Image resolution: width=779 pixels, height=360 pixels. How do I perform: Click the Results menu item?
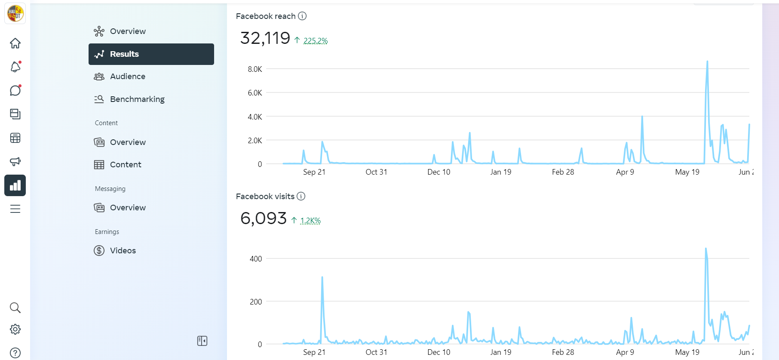click(x=151, y=54)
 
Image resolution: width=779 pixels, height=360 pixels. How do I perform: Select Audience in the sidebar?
click(x=127, y=77)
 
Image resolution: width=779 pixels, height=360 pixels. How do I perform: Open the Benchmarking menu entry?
click(x=137, y=99)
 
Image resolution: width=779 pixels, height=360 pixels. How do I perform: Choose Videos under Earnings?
click(x=123, y=251)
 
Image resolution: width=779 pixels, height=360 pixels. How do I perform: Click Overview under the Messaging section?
click(x=127, y=208)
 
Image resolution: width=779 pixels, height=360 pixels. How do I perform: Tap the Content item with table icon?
click(x=125, y=165)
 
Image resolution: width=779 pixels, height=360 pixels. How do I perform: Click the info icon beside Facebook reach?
click(x=302, y=16)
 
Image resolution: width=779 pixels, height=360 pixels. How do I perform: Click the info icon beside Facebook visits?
click(x=301, y=197)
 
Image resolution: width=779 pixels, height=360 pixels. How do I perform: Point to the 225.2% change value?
click(x=315, y=41)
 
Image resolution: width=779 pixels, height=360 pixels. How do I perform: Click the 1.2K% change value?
click(x=310, y=221)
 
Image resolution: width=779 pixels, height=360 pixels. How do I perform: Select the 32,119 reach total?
click(x=265, y=38)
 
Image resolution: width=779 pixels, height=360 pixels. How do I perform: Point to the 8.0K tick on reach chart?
click(x=255, y=69)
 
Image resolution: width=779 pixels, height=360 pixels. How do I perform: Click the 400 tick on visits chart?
click(x=255, y=259)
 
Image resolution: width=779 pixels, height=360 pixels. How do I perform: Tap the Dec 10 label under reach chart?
click(x=439, y=172)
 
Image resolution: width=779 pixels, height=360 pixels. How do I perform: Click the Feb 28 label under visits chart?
click(x=563, y=352)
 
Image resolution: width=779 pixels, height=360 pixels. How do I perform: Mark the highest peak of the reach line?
click(x=707, y=62)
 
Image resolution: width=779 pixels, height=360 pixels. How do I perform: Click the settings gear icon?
click(x=15, y=329)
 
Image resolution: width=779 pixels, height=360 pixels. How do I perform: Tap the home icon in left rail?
click(x=15, y=43)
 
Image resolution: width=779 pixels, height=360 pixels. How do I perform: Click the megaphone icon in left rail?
click(x=15, y=162)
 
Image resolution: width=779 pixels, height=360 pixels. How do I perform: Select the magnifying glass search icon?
click(x=15, y=308)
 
